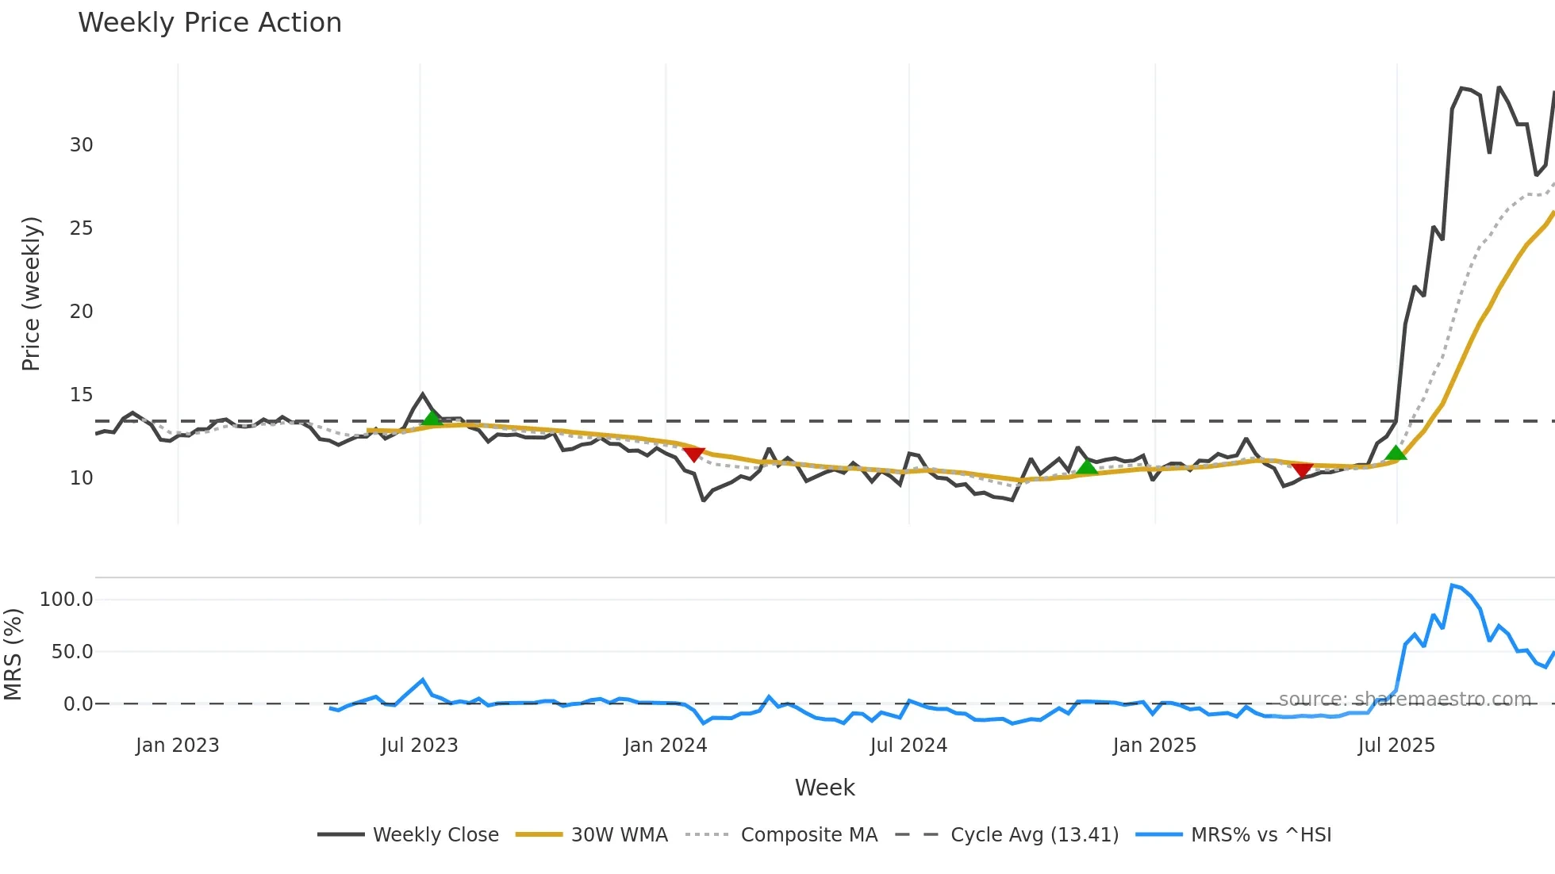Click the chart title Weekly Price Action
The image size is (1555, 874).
(209, 23)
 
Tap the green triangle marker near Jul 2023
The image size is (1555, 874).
(432, 418)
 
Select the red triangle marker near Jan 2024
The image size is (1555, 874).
(693, 454)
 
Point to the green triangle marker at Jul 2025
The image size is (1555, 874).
(1396, 453)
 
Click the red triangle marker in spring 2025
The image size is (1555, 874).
(1302, 470)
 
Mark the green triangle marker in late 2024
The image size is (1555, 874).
(1087, 467)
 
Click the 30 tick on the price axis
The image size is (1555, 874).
(82, 145)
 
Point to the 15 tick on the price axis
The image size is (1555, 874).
(82, 395)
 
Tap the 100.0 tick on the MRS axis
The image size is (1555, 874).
(67, 600)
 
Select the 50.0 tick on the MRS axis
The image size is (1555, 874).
(72, 652)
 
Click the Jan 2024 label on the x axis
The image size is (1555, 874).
(665, 746)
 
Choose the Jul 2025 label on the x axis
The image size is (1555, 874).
(1396, 746)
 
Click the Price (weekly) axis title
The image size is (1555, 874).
(31, 293)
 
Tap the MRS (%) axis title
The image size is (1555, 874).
(13, 654)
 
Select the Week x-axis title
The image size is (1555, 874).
(824, 788)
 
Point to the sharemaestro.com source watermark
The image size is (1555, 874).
(1404, 700)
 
